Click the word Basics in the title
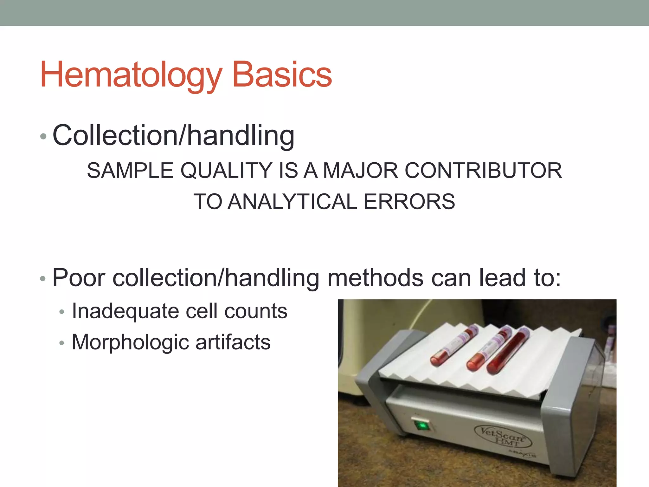(282, 75)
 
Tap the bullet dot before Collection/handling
(43, 137)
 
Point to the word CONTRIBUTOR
(483, 171)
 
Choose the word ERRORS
(409, 202)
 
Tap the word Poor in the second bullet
(79, 278)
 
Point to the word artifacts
(233, 342)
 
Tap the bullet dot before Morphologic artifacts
(62, 343)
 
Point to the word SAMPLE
(130, 171)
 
